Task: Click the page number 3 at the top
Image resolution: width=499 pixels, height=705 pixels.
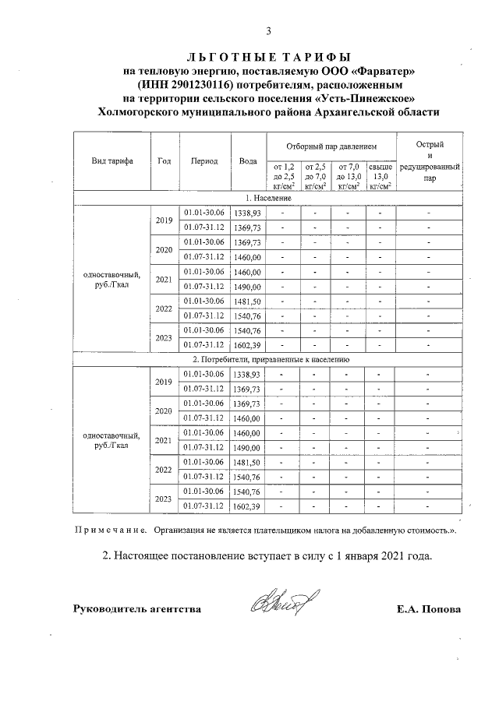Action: click(268, 31)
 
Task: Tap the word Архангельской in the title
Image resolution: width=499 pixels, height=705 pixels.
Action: click(346, 112)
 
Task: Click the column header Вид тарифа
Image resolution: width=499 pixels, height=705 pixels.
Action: click(111, 161)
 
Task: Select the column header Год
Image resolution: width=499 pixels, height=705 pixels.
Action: click(164, 161)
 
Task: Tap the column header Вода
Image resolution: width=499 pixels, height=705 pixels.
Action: click(248, 161)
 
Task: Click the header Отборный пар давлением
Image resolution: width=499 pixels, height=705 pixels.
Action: click(331, 146)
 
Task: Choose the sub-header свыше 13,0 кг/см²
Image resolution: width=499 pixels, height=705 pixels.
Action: click(380, 176)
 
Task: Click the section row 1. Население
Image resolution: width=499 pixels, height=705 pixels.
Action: click(269, 199)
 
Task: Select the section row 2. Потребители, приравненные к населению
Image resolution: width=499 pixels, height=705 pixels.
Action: click(269, 360)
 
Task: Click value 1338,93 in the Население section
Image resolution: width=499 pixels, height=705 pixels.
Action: click(248, 213)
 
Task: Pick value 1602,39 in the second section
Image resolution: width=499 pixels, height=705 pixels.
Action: click(248, 506)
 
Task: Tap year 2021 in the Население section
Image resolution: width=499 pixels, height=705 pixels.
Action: click(164, 279)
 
